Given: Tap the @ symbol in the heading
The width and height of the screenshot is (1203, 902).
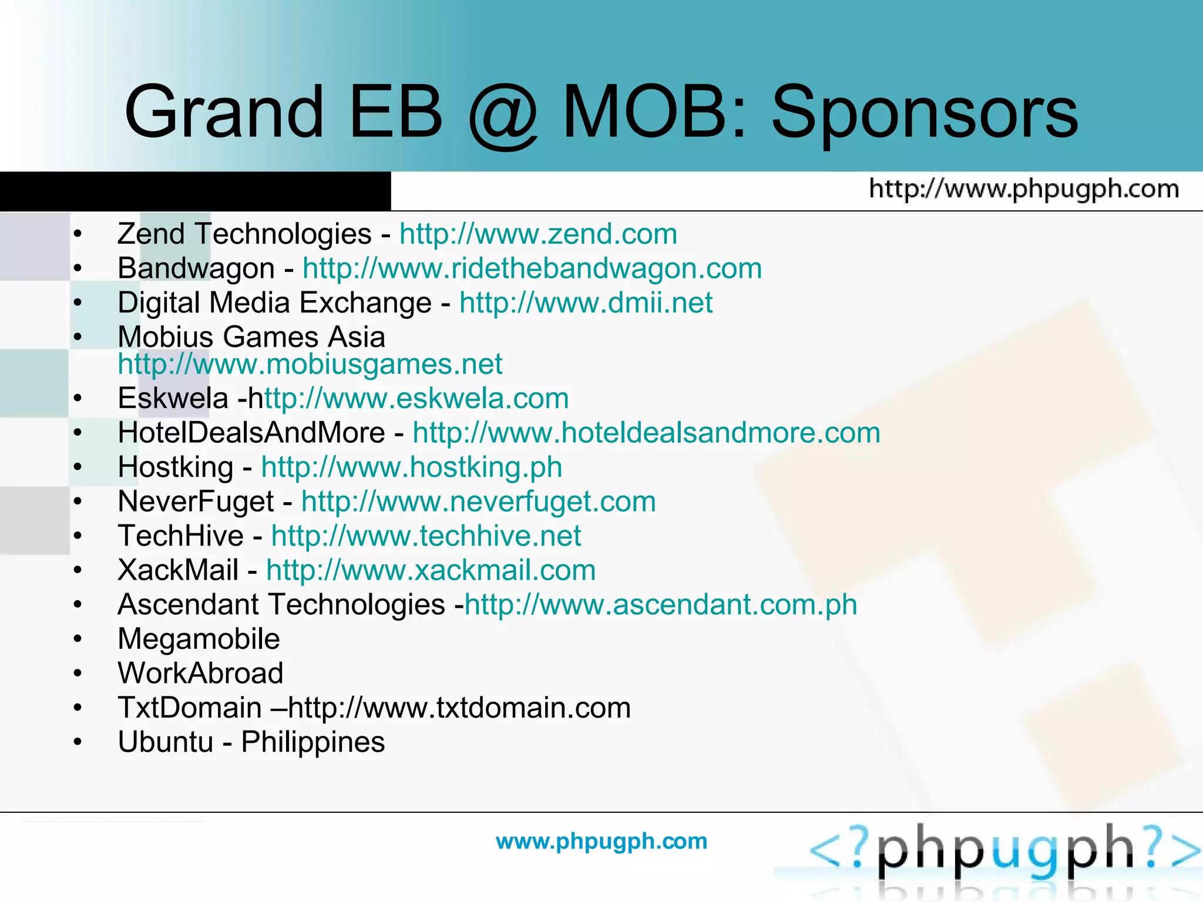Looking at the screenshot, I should coord(503,115).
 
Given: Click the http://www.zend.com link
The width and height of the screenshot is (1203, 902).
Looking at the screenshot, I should coord(538,234).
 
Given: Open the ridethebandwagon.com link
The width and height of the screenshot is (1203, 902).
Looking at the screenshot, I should coord(532,269).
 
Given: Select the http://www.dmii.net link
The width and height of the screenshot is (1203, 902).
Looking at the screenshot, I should coord(586,303).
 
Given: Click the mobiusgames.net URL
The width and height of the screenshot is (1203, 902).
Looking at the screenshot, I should coord(310,364).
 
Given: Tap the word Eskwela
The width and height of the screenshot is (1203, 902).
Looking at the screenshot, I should coord(173,399).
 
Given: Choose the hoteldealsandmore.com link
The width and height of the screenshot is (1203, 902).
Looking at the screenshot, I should coord(646,433).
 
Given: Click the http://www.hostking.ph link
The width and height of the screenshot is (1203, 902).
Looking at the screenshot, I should coord(411,467).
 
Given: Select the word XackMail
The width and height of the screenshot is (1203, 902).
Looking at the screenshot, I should coord(178,570).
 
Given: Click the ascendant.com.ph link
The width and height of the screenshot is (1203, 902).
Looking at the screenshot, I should coord(661,605).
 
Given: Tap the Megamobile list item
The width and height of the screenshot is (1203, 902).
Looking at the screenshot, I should coord(199,639).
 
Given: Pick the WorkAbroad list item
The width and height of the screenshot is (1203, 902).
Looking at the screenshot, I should coord(200,674).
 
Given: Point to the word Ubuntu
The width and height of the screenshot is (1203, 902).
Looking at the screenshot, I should coord(165,742).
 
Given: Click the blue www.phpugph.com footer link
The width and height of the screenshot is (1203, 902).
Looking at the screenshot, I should coord(601,842).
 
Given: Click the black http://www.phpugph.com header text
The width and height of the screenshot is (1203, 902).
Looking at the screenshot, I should coord(1024,190).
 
